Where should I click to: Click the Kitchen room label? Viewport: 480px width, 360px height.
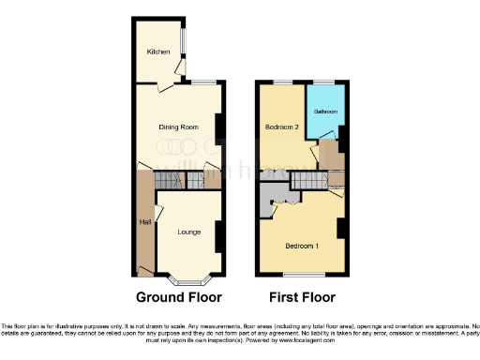point(157,52)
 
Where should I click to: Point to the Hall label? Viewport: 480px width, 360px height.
point(145,222)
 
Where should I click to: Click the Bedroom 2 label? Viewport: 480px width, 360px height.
point(281,127)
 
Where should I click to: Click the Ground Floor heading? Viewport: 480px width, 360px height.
point(179,298)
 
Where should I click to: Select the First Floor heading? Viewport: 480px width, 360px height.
point(296,298)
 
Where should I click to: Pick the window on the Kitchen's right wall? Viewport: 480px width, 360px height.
point(184,42)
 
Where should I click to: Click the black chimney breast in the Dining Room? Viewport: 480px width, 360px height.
point(219,128)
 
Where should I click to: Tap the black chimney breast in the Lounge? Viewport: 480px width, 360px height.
point(219,236)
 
